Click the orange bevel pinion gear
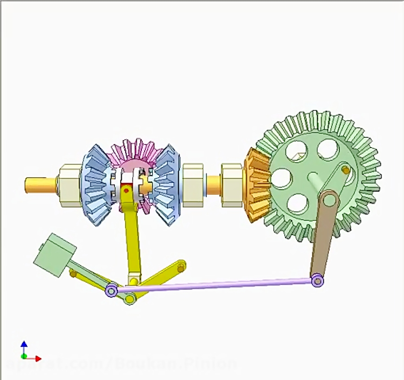pyautogui.click(x=256, y=184)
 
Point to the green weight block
pyautogui.click(x=55, y=254)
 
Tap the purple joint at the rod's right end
pyautogui.click(x=317, y=281)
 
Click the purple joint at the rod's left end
pyautogui.click(x=111, y=291)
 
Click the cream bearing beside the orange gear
pyautogui.click(x=232, y=184)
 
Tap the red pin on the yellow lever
pyautogui.click(x=127, y=190)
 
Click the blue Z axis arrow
pyautogui.click(x=24, y=345)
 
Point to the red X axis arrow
pyautogui.click(x=37, y=358)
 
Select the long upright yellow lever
pyautogui.click(x=133, y=242)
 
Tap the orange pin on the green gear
pyautogui.click(x=345, y=170)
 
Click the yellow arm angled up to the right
pyautogui.click(x=162, y=274)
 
